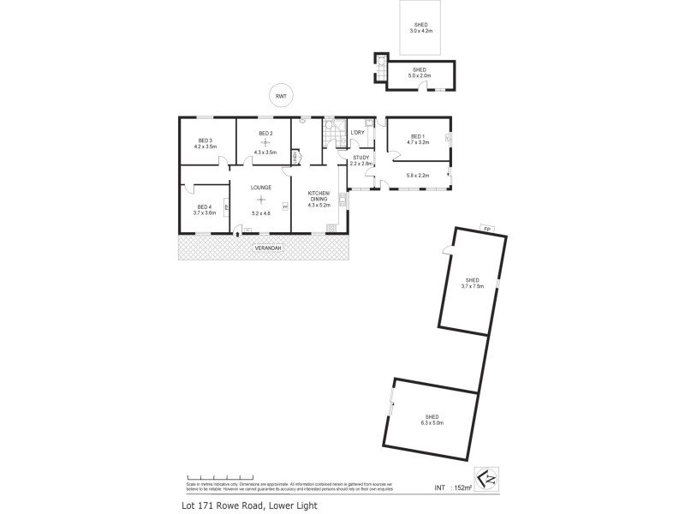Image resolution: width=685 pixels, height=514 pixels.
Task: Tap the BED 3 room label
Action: click(205, 140)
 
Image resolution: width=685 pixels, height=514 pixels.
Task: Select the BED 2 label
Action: click(265, 134)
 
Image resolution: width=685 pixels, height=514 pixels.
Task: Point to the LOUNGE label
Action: click(261, 187)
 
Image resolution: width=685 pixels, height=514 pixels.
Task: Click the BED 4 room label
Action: click(204, 206)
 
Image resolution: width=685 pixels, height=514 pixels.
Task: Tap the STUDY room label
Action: click(360, 158)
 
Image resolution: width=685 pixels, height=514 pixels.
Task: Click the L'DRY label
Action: click(358, 133)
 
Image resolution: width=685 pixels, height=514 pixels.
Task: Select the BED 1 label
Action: click(418, 137)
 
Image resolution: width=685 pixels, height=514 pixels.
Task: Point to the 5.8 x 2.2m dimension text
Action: click(417, 176)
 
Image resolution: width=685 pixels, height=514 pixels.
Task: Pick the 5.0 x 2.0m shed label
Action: click(420, 73)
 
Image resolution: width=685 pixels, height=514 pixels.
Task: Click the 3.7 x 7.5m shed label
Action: click(472, 283)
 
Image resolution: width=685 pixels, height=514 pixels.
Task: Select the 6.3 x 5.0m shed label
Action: click(431, 419)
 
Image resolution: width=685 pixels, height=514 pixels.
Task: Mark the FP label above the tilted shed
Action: click(485, 229)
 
